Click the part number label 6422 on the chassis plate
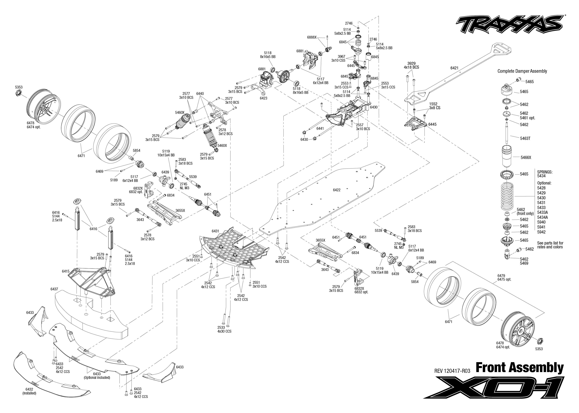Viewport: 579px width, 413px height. [337, 190]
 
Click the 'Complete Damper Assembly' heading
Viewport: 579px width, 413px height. [522, 71]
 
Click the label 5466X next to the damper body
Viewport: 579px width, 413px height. [526, 157]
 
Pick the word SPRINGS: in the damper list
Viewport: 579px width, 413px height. [545, 172]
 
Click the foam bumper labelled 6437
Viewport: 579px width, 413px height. [92, 318]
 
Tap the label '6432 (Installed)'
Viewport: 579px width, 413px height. [29, 391]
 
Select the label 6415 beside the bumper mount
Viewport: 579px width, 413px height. [65, 271]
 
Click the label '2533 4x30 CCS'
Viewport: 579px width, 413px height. [224, 329]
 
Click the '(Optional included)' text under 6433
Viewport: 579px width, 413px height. [97, 377]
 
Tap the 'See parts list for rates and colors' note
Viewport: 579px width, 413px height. [550, 245]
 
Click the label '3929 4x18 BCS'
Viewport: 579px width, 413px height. [411, 65]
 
